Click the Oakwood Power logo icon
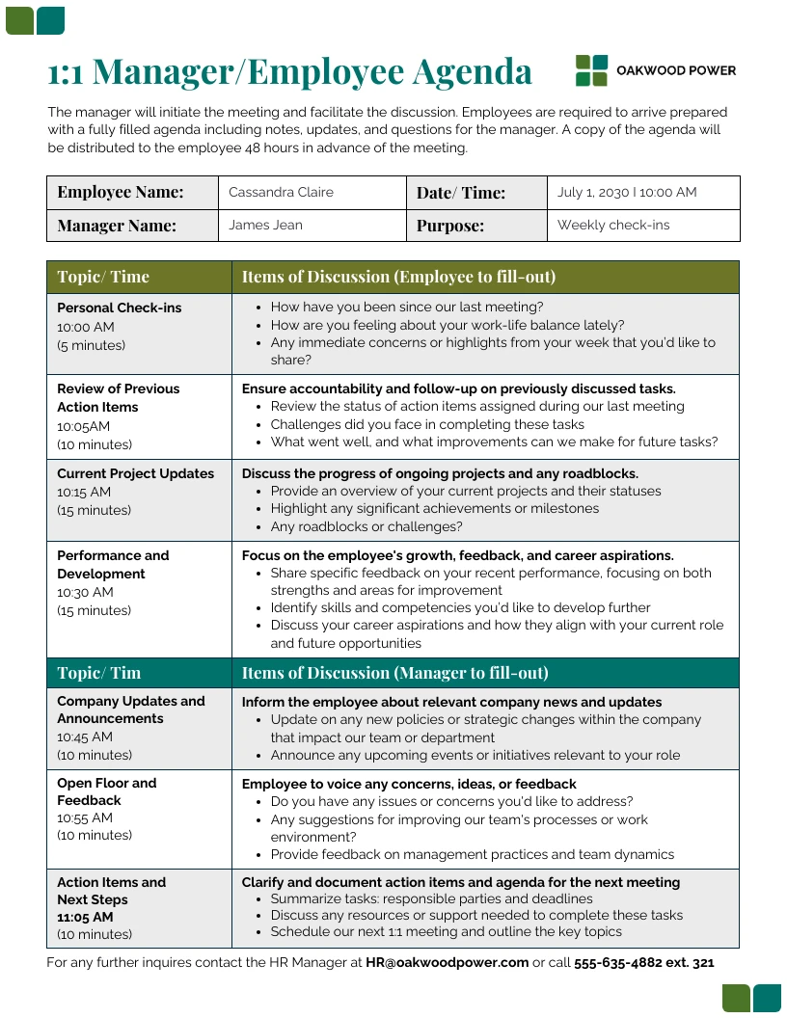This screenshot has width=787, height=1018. click(591, 70)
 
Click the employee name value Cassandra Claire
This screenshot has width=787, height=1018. click(281, 192)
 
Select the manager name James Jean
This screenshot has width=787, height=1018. click(265, 225)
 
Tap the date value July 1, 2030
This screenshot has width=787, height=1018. click(592, 192)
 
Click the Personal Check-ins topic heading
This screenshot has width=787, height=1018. click(119, 308)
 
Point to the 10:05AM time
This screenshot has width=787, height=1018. click(84, 426)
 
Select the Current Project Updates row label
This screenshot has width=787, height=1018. click(135, 473)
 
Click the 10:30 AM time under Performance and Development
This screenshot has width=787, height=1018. click(85, 592)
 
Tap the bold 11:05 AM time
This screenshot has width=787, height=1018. click(85, 917)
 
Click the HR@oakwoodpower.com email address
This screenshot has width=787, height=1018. click(447, 962)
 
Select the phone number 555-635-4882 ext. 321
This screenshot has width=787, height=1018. click(643, 962)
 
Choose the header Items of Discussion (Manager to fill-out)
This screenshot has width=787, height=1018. click(394, 673)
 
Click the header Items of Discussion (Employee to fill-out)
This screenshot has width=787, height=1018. click(398, 277)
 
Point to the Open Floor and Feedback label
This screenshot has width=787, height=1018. click(106, 791)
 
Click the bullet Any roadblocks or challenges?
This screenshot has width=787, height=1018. click(366, 526)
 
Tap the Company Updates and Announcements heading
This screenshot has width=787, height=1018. click(130, 710)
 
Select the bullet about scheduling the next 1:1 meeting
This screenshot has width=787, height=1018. click(446, 931)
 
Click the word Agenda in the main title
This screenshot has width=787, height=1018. click(472, 72)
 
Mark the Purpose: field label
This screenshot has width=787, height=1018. click(449, 226)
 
